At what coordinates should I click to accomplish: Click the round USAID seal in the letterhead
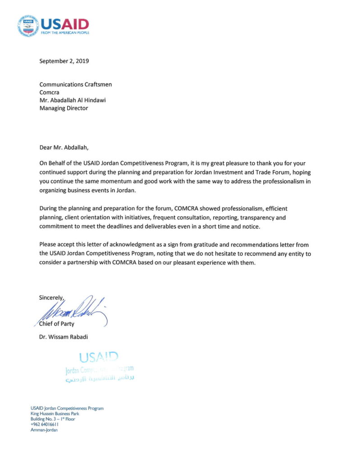click(28, 26)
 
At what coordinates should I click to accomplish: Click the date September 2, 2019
click(64, 61)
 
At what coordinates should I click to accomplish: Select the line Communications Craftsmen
click(75, 84)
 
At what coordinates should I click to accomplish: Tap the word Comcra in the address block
click(50, 92)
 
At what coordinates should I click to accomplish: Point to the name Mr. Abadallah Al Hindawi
click(76, 100)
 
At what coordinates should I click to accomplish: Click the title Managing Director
click(64, 108)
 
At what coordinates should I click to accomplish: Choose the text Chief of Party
click(58, 324)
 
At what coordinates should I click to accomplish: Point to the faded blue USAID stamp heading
click(98, 358)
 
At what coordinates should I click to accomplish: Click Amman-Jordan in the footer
click(44, 429)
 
